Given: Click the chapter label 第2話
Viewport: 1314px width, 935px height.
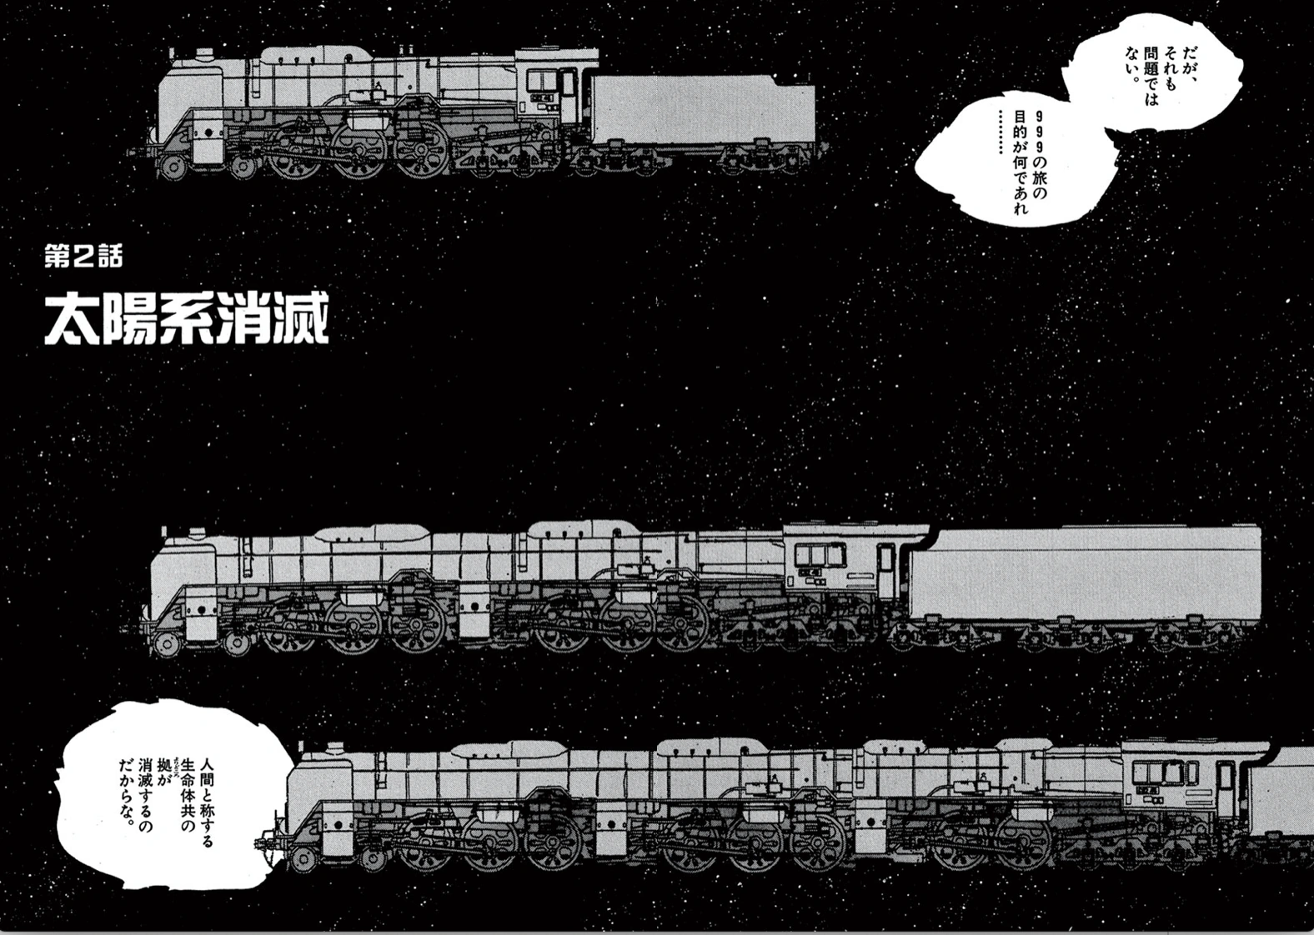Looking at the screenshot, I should pyautogui.click(x=83, y=257).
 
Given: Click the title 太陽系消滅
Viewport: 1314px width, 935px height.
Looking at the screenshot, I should pyautogui.click(x=187, y=317).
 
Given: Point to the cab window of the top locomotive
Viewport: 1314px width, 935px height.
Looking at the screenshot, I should pyautogui.click(x=544, y=82).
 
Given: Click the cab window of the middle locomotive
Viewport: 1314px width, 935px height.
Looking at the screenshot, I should pyautogui.click(x=820, y=554).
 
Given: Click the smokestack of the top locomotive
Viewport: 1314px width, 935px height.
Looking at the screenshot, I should pyautogui.click(x=203, y=55).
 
